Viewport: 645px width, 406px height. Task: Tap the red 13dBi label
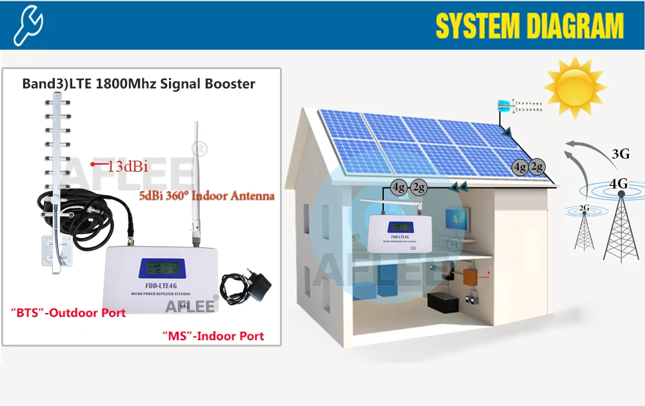[128, 167]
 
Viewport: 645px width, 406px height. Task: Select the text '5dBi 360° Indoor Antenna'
[207, 195]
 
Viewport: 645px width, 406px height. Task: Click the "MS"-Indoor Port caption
[212, 336]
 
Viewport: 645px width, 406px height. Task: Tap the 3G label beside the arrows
[620, 154]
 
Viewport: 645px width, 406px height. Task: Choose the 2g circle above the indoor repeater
[419, 188]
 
